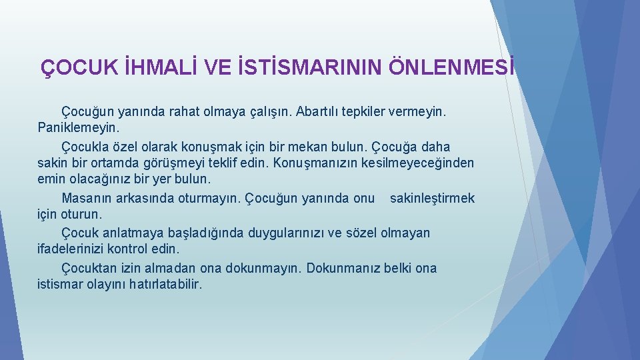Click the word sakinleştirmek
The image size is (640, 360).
432,198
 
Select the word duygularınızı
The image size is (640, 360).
287,233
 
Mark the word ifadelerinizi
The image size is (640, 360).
74,249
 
